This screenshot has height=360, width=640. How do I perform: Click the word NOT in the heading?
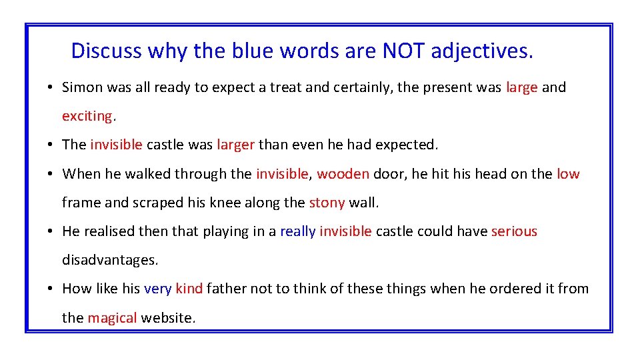[x=404, y=51]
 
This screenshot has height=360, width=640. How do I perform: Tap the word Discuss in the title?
[x=106, y=51]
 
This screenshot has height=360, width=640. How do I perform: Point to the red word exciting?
[x=87, y=116]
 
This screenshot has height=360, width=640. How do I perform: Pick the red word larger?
[x=235, y=145]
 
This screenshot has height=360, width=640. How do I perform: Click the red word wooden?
[x=343, y=174]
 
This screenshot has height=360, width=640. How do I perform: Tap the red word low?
[x=568, y=174]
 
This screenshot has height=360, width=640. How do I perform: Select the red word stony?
[x=327, y=203]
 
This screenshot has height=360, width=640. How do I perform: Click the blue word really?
[x=297, y=231]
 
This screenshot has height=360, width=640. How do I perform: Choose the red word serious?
[x=514, y=231]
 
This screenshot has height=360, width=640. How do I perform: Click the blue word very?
[x=157, y=289]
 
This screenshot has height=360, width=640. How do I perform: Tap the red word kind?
[x=189, y=289]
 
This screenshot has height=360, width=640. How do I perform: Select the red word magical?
[x=112, y=318]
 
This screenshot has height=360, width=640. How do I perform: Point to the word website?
[x=167, y=318]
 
